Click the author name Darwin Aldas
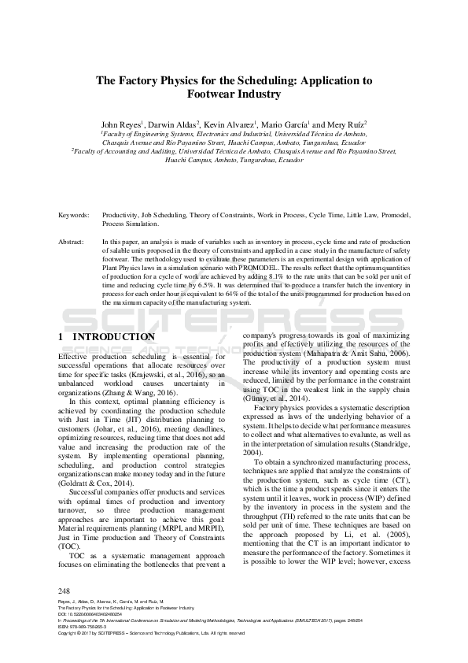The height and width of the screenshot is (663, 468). [x=175, y=124]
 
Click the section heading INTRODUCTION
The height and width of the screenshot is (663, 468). [x=114, y=337]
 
